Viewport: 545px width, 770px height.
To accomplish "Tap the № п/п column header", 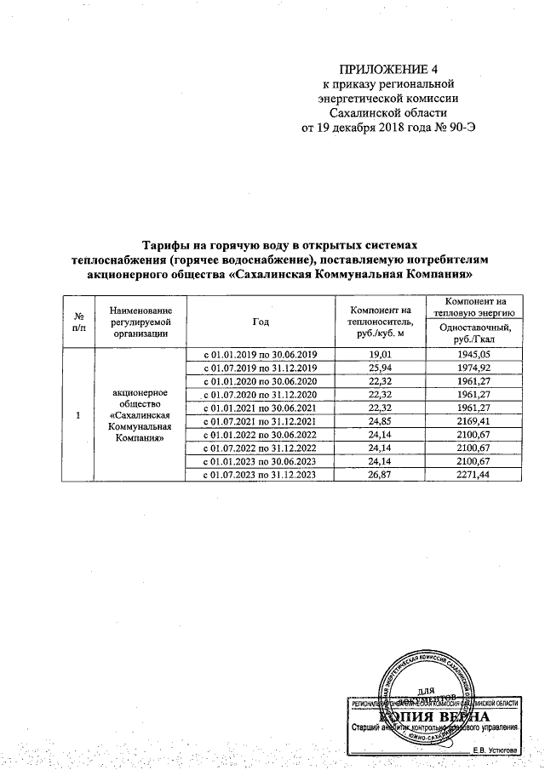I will (x=78, y=321).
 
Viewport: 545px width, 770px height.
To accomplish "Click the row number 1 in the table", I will (x=78, y=414).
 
